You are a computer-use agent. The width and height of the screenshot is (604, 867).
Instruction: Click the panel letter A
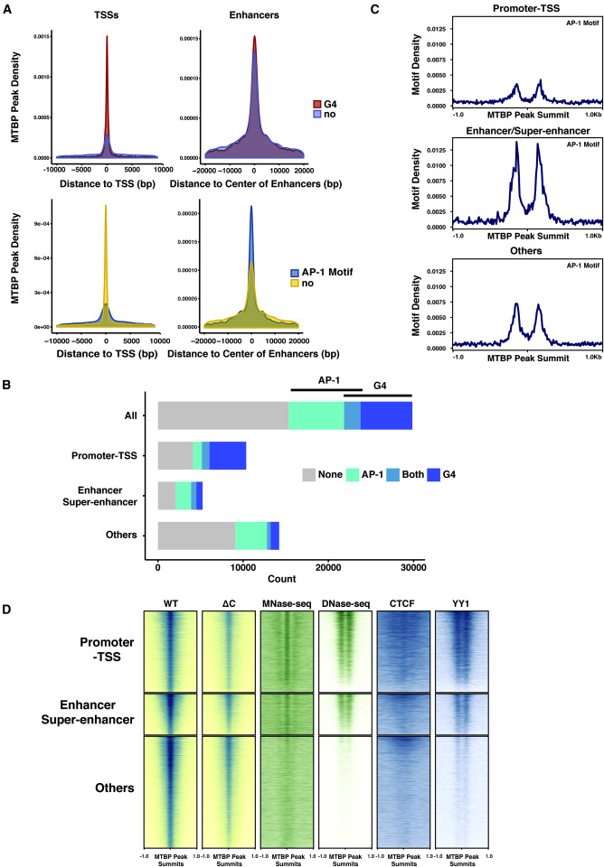click(7, 8)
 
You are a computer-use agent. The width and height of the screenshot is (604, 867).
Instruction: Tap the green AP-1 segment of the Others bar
click(250, 536)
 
